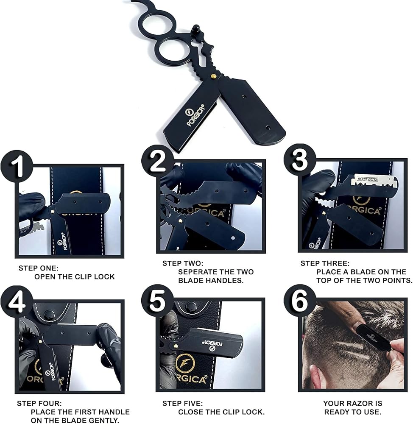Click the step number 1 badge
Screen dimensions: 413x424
coord(17,166)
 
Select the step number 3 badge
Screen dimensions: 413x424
coord(300,160)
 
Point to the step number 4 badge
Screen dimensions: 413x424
coord(17,302)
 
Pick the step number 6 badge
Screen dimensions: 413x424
coord(300,301)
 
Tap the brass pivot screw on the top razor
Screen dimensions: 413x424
coord(214,76)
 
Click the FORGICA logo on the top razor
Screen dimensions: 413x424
coord(195,115)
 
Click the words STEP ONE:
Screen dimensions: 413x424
coord(39,268)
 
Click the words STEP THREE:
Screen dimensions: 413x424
coord(325,263)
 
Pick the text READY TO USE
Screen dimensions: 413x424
coord(353,412)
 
